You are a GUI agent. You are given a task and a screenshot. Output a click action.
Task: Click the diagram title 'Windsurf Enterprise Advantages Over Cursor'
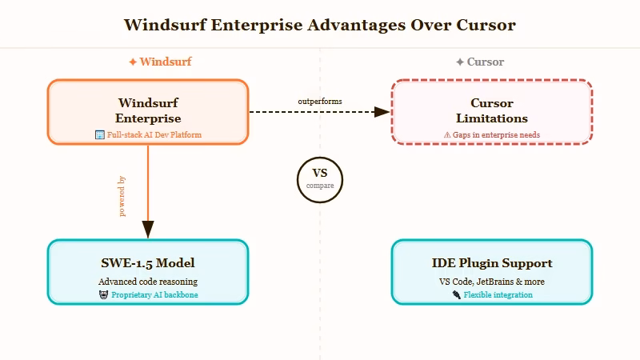tap(320, 25)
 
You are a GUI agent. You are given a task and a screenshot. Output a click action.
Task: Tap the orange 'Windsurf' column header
tap(160, 62)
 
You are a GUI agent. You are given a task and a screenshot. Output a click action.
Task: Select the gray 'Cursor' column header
tap(480, 62)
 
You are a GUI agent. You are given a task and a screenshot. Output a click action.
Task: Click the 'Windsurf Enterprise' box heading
tap(148, 110)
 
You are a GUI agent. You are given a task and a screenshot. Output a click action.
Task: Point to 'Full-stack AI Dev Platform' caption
tap(154, 134)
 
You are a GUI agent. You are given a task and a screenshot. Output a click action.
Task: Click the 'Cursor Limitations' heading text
tap(491, 110)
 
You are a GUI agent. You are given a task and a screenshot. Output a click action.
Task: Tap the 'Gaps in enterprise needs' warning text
tap(497, 135)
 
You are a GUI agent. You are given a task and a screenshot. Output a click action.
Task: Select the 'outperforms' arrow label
tap(320, 102)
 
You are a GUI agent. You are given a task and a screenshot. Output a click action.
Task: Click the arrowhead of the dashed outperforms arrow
tap(382, 112)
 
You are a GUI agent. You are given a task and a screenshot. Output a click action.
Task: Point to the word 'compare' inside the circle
tap(320, 186)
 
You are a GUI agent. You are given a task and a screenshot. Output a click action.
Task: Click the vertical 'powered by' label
tap(122, 196)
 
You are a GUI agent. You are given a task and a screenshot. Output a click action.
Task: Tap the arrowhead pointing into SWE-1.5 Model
tap(148, 230)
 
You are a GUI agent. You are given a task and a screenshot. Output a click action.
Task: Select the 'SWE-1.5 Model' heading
tap(148, 263)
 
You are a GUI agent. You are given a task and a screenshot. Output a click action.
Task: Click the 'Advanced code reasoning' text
tap(148, 282)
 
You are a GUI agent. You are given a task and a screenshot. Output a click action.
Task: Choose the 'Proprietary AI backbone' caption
tap(154, 295)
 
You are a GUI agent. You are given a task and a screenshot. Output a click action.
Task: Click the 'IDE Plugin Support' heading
tap(492, 263)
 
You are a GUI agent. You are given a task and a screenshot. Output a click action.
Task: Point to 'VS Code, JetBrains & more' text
tap(492, 282)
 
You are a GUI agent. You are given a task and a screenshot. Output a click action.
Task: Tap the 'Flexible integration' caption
tap(498, 295)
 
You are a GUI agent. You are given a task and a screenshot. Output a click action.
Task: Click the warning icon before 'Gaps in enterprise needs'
tap(447, 135)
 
